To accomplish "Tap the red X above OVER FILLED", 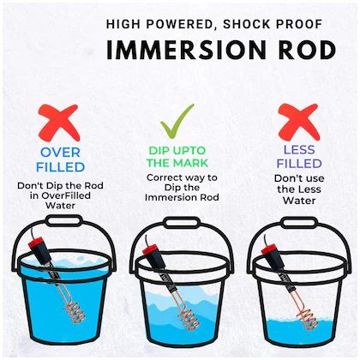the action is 59,123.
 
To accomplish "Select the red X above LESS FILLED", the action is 299,122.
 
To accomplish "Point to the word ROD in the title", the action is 307,50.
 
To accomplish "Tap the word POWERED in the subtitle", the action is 179,24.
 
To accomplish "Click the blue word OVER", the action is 60,153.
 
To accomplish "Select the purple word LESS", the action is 299,149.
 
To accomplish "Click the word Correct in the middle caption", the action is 163,177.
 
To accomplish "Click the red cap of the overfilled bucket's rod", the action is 35,243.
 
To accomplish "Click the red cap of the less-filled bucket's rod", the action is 269,249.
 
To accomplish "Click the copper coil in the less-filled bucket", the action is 308,318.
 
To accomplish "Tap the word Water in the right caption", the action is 299,201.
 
